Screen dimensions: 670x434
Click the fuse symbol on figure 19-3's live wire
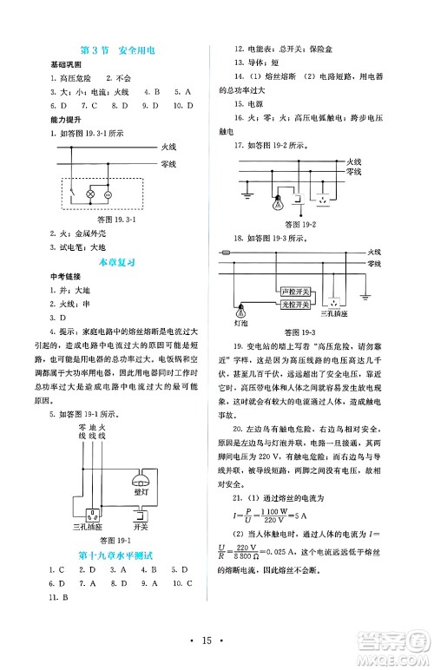(x=227, y=253)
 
